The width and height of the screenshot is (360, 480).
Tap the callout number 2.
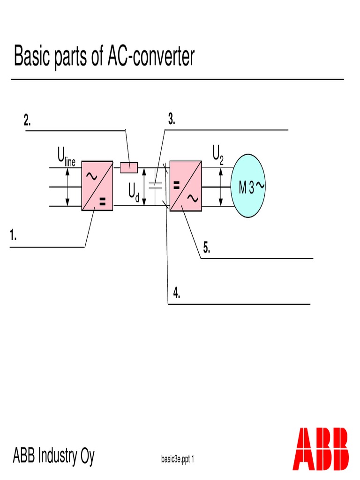coord(28,120)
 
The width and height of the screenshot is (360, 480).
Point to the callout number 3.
coord(172,120)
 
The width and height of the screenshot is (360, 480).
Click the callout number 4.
coord(176,294)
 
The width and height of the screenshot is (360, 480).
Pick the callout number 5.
coord(206,248)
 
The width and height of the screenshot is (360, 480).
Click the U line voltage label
coord(66,156)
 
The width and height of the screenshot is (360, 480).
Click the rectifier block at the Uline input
coord(97,186)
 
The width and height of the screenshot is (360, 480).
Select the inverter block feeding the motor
coord(186,186)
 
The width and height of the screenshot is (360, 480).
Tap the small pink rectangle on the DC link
coord(129,167)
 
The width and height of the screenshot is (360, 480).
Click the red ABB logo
coord(321,449)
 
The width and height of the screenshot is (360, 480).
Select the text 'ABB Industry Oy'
coord(53,455)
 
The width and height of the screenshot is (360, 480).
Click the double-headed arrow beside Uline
coord(67,186)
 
